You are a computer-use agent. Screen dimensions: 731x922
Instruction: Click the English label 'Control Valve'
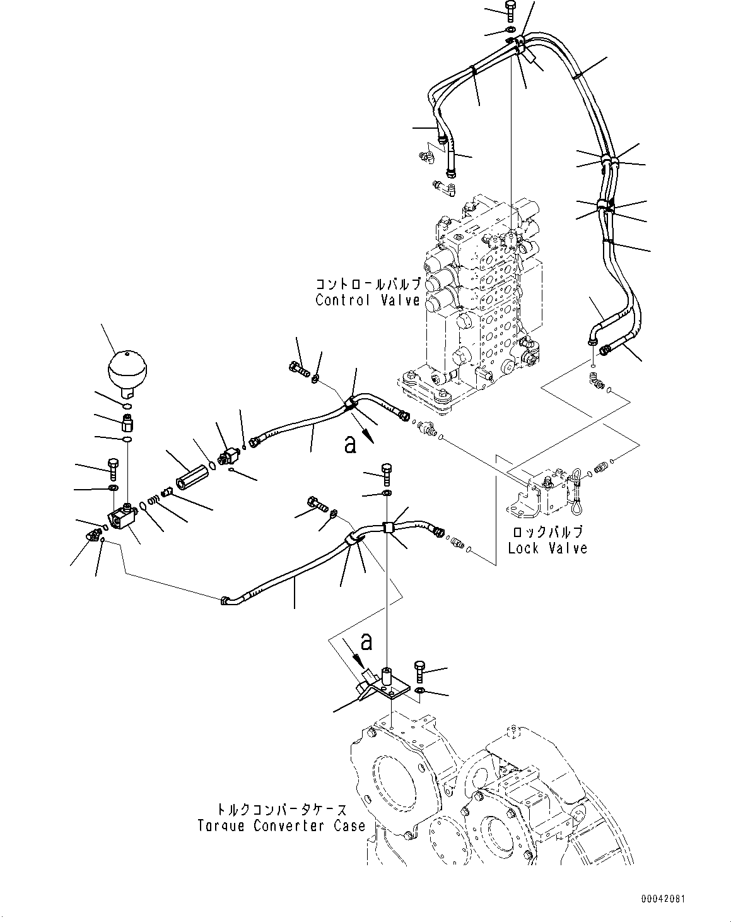click(x=368, y=300)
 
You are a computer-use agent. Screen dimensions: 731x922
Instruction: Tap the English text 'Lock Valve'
click(x=547, y=548)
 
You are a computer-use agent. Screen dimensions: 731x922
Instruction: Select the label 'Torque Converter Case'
click(x=282, y=825)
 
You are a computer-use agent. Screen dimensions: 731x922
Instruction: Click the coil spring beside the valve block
click(x=154, y=500)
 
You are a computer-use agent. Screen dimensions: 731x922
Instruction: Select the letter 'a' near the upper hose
click(x=350, y=445)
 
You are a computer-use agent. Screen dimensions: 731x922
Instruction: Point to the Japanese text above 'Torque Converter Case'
click(x=282, y=810)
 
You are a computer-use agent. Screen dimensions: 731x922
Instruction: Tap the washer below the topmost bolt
click(x=510, y=30)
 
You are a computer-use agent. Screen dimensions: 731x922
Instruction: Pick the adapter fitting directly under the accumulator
click(x=127, y=423)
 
